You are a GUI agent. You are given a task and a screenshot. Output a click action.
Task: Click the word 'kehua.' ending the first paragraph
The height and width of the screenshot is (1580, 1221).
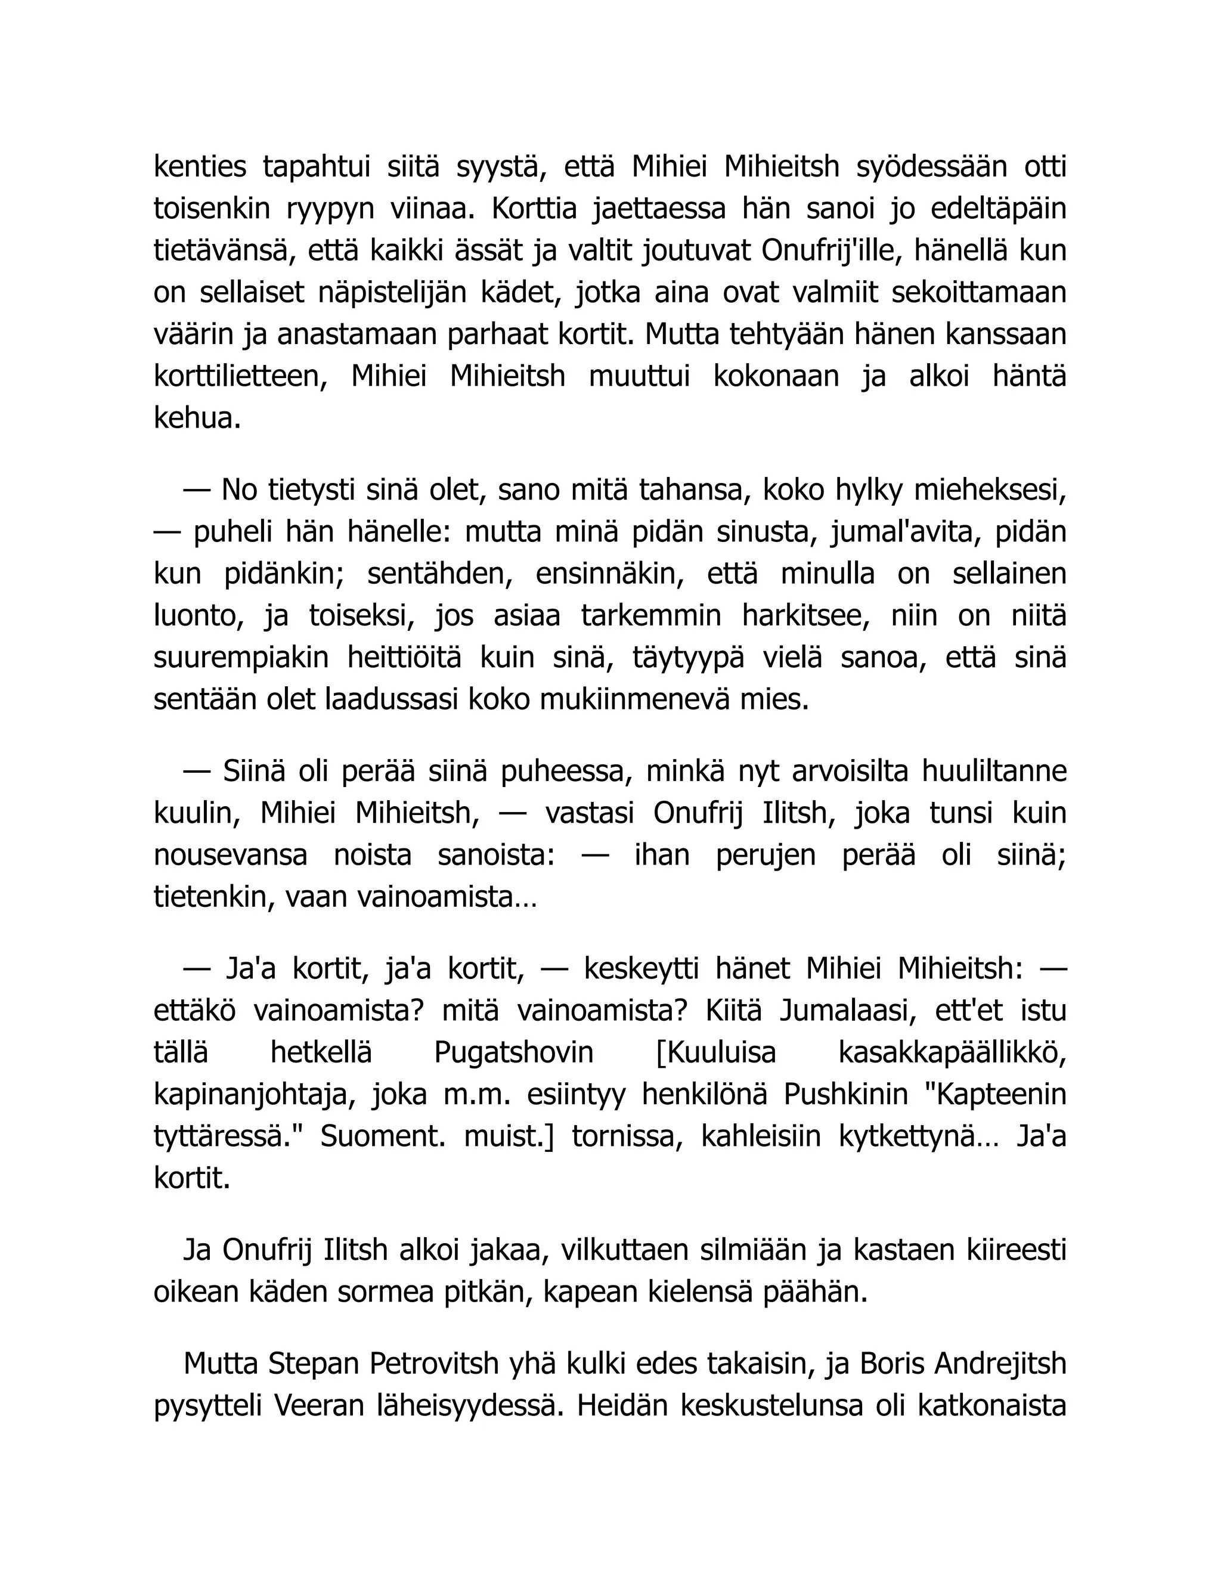pyautogui.click(x=197, y=419)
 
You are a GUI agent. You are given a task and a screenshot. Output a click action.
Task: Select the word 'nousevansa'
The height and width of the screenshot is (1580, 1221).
pyautogui.click(x=230, y=855)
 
